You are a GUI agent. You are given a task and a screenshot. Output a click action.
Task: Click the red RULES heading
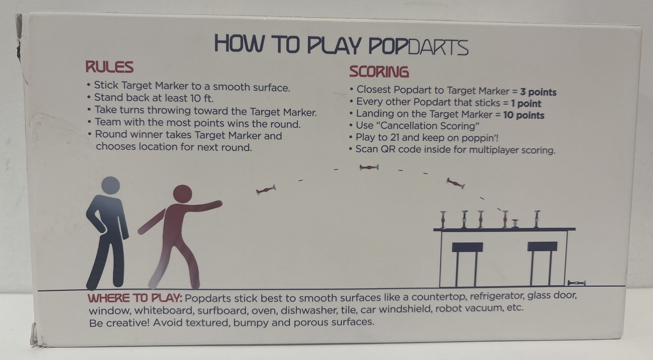pyautogui.click(x=109, y=67)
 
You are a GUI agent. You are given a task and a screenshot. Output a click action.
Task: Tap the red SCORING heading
pyautogui.click(x=379, y=72)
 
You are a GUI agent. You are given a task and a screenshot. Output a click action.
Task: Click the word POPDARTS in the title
pyautogui.click(x=418, y=47)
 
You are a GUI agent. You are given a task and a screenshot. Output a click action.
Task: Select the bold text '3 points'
pyautogui.click(x=538, y=92)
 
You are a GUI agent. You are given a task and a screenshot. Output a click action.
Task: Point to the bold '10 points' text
pyautogui.click(x=524, y=115)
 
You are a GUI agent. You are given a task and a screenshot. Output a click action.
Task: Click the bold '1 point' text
pyautogui.click(x=526, y=104)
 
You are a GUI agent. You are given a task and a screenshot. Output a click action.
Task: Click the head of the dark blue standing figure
pyautogui.click(x=111, y=185)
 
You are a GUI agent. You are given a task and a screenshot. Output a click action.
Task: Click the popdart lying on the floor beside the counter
pyautogui.click(x=576, y=283)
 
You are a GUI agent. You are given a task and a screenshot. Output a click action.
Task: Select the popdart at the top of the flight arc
pyautogui.click(x=369, y=167)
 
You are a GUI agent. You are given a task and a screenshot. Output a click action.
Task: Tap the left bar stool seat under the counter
pyautogui.click(x=467, y=247)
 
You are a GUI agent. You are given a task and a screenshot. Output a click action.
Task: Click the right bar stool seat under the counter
pyautogui.click(x=542, y=246)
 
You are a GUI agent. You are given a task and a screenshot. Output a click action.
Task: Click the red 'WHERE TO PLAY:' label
pyautogui.click(x=135, y=298)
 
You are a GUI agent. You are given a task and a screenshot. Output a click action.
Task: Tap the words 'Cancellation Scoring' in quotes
pyautogui.click(x=430, y=126)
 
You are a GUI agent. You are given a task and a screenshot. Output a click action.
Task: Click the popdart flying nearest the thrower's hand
pyautogui.click(x=266, y=190)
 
